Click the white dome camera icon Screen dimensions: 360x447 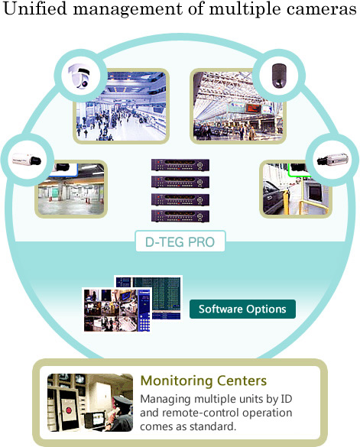click(80, 76)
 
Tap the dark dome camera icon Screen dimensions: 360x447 click(279, 75)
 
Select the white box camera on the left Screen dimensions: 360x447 click(27, 160)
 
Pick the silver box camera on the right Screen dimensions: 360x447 click(332, 159)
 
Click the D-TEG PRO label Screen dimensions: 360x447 click(180, 241)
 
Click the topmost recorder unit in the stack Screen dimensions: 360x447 click(180, 165)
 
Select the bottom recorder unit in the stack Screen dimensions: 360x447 click(180, 215)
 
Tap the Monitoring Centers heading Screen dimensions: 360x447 click(203, 381)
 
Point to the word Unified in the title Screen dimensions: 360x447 click(35, 8)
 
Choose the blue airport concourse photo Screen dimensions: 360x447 click(122, 106)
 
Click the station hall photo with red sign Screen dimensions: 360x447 click(238, 106)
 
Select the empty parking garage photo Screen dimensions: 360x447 click(71, 189)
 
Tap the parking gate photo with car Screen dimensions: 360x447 click(296, 189)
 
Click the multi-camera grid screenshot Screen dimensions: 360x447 click(117, 310)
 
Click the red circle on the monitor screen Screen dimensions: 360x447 click(69, 410)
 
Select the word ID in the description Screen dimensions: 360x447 click(287, 399)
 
